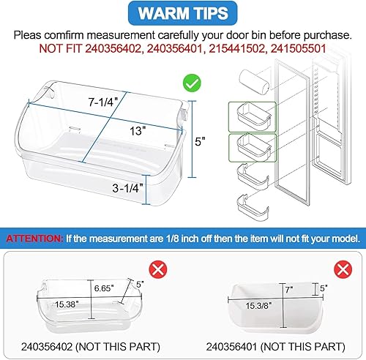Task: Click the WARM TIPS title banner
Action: pyautogui.click(x=183, y=14)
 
